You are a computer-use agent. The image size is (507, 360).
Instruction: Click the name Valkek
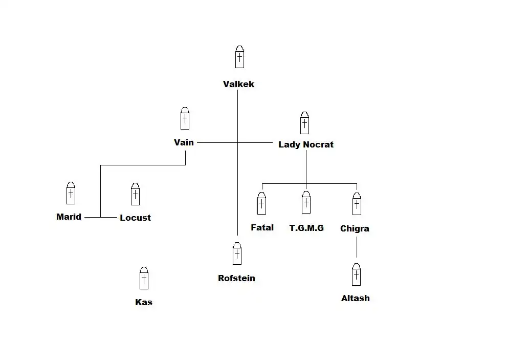[x=238, y=84]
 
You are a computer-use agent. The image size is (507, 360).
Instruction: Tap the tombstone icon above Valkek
[x=239, y=57]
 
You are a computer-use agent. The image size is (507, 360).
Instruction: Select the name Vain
[x=184, y=142]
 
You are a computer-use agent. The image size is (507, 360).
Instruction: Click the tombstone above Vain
[x=185, y=118]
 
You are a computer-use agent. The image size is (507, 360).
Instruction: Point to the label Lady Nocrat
[x=305, y=144]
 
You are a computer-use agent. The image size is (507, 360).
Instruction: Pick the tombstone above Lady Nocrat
[x=304, y=122]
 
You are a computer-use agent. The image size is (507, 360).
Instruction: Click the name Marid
[x=69, y=217]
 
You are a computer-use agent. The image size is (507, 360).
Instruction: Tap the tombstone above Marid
[x=71, y=193]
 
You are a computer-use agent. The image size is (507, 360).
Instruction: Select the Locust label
[x=135, y=218]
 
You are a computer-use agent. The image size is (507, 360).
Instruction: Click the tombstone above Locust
[x=135, y=194]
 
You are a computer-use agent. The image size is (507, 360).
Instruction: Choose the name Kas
[x=144, y=302]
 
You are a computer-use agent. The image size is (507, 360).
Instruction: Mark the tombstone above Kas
[x=144, y=278]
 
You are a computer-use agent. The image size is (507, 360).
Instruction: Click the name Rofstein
[x=236, y=278]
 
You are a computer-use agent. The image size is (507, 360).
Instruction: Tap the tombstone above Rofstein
[x=237, y=253]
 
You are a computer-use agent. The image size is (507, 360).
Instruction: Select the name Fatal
[x=262, y=227]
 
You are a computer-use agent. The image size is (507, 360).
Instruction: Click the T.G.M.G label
[x=306, y=228]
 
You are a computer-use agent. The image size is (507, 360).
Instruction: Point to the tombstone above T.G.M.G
[x=306, y=202]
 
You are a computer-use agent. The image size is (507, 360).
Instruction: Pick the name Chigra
[x=355, y=228]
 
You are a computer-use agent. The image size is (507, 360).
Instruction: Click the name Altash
[x=355, y=298]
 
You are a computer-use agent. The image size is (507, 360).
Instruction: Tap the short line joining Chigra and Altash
[x=357, y=248]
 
